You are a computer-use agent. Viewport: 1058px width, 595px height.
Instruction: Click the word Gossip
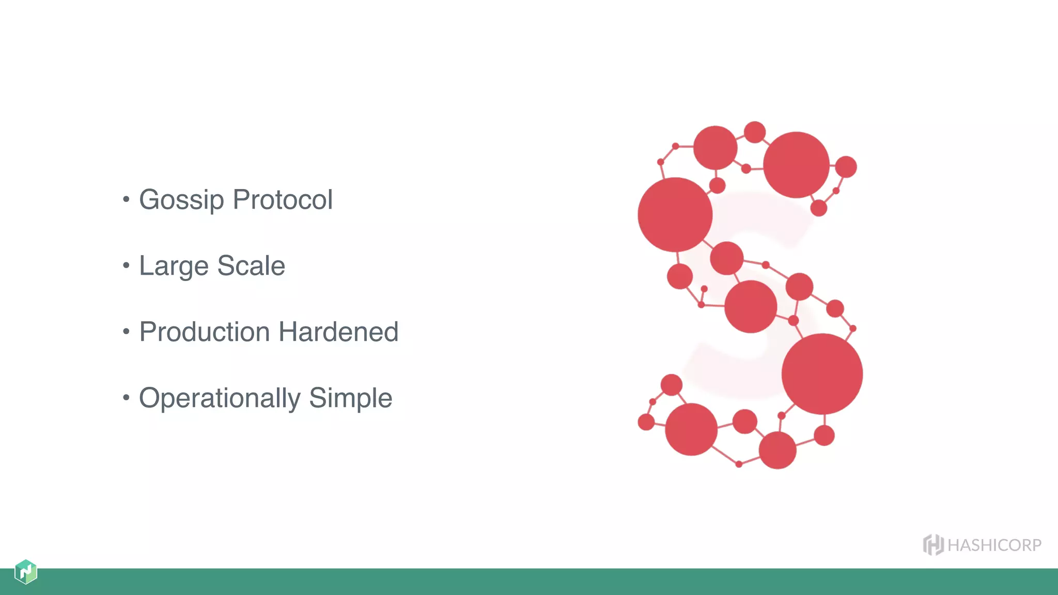(x=181, y=200)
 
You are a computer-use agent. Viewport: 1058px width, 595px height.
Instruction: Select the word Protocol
(x=283, y=200)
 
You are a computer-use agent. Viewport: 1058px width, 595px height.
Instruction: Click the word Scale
(x=251, y=266)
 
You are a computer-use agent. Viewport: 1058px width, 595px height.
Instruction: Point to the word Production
(x=205, y=332)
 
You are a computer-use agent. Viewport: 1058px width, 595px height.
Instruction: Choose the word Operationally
(x=220, y=398)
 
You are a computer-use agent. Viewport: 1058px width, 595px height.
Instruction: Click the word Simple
(x=351, y=398)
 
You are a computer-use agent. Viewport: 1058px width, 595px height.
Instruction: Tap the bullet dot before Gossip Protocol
(x=126, y=199)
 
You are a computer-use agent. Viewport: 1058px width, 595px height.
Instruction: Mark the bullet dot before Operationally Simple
(x=126, y=397)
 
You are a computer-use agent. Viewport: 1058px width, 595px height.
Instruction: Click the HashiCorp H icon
(x=933, y=545)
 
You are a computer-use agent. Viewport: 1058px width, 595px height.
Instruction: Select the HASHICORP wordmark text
(x=994, y=545)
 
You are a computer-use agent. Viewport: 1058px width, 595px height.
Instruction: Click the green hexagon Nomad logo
(x=26, y=572)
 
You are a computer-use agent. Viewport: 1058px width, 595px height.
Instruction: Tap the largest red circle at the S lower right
(x=822, y=374)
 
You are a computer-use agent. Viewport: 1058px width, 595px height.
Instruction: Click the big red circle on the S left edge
(x=675, y=215)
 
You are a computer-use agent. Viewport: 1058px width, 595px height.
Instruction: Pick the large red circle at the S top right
(x=796, y=165)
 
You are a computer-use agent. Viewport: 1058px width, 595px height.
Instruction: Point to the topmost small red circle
(x=755, y=132)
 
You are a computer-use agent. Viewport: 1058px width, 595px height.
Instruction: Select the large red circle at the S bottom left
(x=691, y=429)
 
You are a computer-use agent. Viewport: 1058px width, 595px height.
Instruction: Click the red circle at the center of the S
(x=751, y=307)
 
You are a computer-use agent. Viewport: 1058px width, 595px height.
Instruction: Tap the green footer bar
(x=529, y=582)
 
